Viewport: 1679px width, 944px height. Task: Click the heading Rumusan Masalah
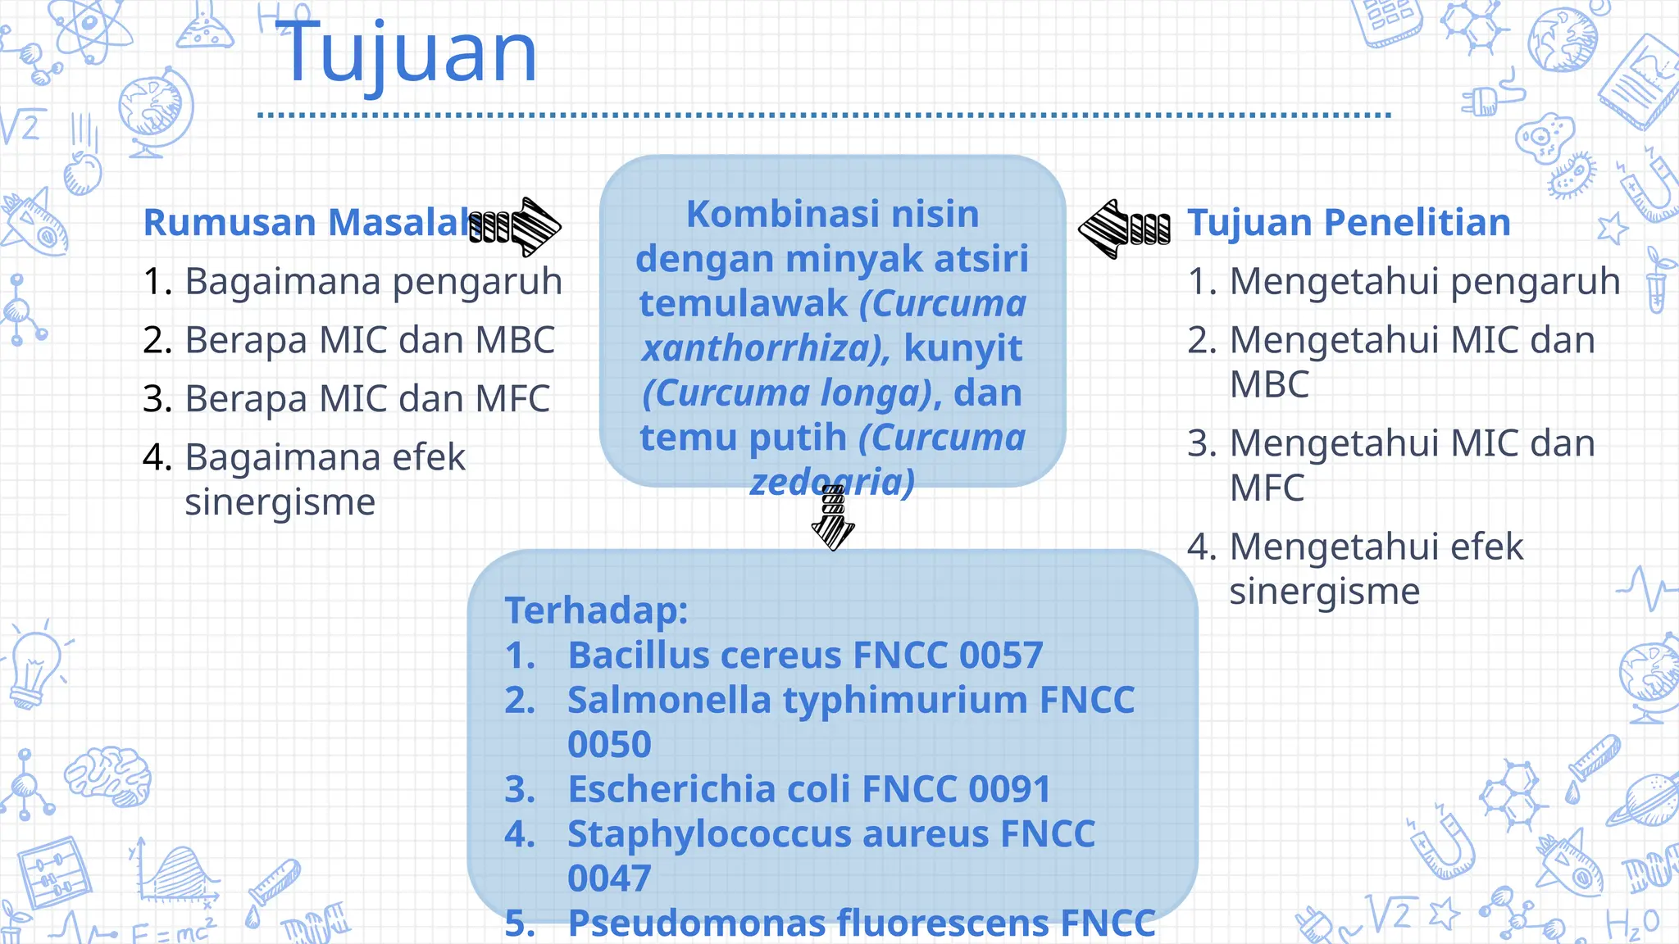click(312, 223)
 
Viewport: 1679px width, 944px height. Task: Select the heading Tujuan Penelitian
click(1349, 223)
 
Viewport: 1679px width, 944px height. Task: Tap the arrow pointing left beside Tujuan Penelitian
click(1122, 229)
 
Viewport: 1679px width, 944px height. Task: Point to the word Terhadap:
click(596, 610)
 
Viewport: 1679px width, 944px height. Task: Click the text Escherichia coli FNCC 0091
click(808, 789)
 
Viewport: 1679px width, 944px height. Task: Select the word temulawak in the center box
click(743, 304)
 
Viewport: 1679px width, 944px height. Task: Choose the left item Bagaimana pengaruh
click(373, 281)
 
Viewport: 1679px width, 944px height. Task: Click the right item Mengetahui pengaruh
click(1424, 281)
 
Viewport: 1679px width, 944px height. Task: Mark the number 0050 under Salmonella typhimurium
click(609, 745)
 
